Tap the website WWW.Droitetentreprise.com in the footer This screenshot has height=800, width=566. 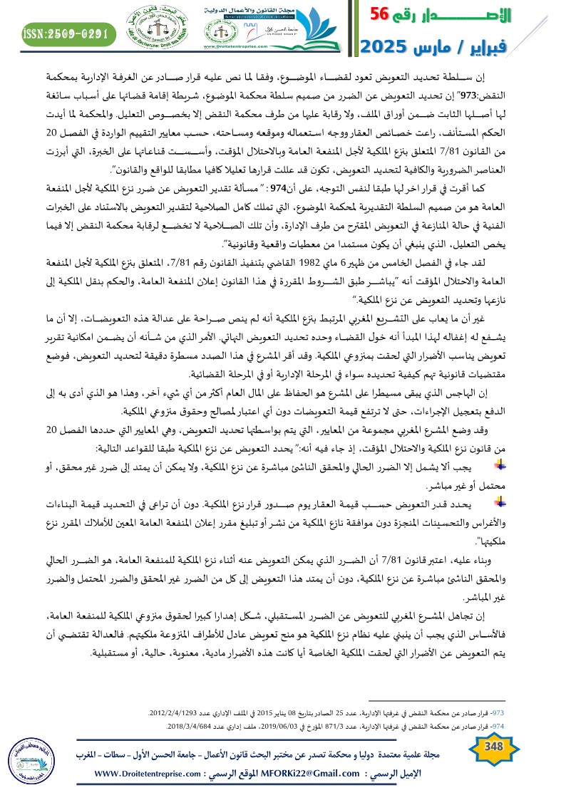144,774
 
